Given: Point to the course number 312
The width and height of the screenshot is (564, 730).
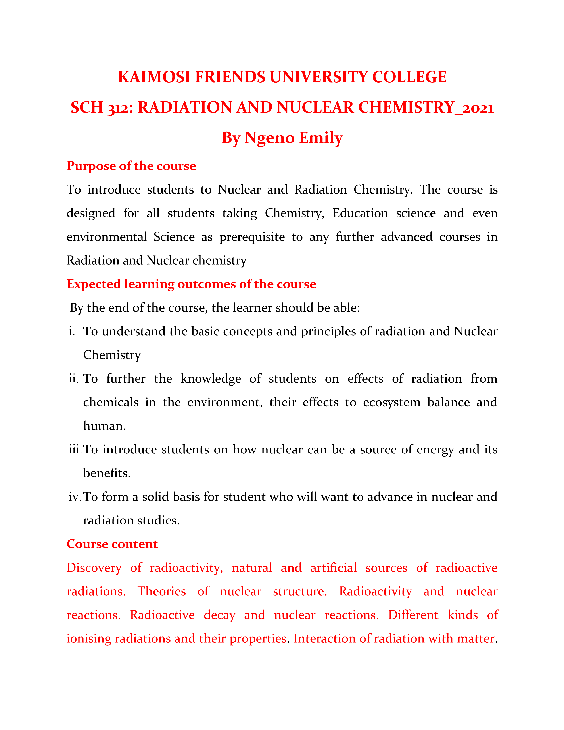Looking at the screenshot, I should (119, 108).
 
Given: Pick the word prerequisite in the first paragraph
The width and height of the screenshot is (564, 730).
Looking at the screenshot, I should (252, 237).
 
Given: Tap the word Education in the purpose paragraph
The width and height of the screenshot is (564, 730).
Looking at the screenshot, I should (360, 213).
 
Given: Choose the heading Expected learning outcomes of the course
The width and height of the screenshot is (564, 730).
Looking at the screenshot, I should (191, 284).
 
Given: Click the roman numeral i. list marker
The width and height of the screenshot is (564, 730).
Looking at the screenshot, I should (71, 332).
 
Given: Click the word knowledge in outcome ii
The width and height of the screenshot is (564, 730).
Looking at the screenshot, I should (211, 379).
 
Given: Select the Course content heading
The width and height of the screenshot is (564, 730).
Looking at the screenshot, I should (112, 544).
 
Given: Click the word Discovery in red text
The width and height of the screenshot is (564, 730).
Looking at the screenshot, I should (94, 568).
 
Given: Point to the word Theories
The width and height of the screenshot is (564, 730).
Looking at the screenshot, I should (162, 592).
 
